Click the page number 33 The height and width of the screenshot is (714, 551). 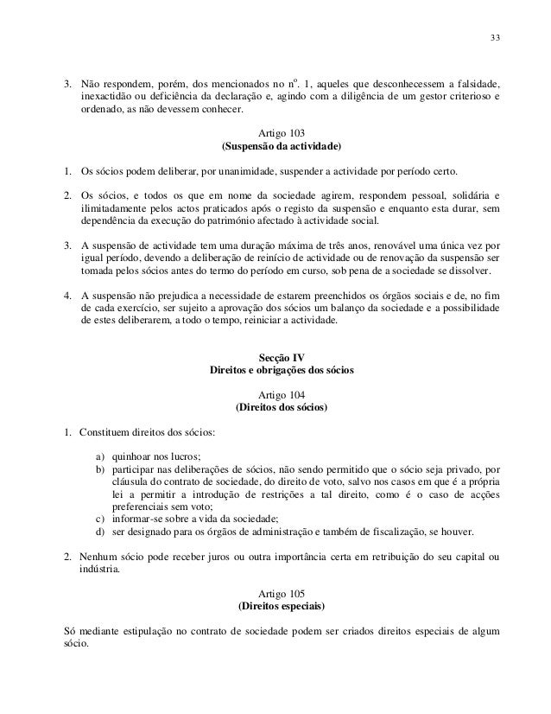(494, 36)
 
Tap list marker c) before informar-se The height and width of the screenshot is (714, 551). (101, 518)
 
